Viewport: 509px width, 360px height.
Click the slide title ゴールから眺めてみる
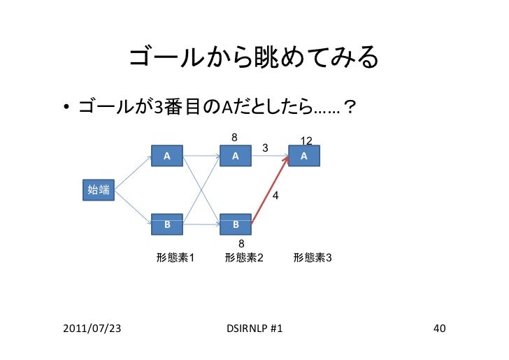point(253,62)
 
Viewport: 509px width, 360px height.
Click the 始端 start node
point(99,189)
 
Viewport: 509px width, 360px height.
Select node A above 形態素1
point(166,157)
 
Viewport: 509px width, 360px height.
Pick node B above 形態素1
point(166,225)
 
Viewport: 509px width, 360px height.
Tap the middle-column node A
point(236,157)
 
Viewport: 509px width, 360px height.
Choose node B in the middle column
point(236,225)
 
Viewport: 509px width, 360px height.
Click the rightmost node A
point(304,157)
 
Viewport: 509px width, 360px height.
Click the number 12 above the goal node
point(306,141)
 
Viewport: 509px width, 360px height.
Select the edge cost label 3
point(264,148)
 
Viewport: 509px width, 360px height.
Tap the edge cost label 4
point(275,197)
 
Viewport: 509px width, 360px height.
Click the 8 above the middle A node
point(235,137)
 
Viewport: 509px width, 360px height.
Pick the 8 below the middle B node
point(241,243)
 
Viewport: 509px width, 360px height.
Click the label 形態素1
point(175,258)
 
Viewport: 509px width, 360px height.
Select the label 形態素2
point(244,258)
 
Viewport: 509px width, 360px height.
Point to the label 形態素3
point(313,258)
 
